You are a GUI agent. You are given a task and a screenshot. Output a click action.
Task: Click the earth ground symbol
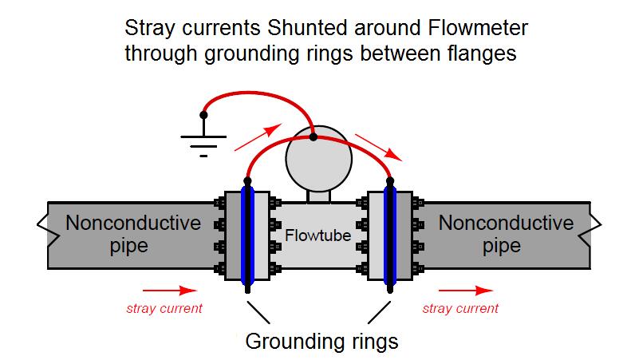(x=204, y=144)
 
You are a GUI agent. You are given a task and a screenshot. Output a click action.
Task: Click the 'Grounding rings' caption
(x=321, y=342)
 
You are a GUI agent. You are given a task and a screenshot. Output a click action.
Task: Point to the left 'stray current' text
(x=165, y=308)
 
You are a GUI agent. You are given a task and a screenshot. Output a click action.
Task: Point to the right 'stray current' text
(x=460, y=308)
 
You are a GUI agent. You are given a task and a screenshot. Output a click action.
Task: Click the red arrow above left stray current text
(x=169, y=290)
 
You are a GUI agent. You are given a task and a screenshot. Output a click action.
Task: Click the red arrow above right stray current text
(x=466, y=290)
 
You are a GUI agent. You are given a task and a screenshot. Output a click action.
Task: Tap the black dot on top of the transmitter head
(x=313, y=136)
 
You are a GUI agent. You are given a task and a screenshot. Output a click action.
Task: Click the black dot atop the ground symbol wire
(x=204, y=115)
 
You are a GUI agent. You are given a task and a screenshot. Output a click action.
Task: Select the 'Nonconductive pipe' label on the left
(x=132, y=233)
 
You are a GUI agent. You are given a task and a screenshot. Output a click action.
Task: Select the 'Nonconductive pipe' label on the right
(x=506, y=233)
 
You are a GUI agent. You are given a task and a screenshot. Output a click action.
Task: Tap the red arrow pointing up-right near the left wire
(x=258, y=137)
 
